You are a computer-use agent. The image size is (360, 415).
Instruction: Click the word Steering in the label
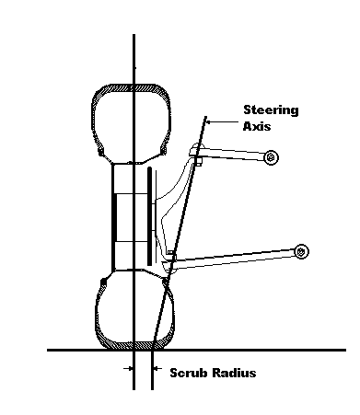coord(271,110)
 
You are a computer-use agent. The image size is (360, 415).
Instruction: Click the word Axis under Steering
coord(257,126)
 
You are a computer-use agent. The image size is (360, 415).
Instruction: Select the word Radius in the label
coord(234,373)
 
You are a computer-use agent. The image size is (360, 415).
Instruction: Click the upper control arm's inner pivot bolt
coord(272,157)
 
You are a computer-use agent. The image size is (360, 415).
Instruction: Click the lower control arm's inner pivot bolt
coord(301,251)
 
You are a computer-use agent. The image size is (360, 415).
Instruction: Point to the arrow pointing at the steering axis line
coord(223,122)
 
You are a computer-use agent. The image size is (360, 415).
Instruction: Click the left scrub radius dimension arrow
coord(128,368)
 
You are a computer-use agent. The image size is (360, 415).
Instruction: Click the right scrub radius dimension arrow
coord(157,368)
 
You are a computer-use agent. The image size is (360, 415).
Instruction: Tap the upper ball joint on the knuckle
coord(196,151)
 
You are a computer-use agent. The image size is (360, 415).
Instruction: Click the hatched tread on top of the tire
coord(132,88)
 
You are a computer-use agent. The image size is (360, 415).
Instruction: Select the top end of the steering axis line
coord(206,117)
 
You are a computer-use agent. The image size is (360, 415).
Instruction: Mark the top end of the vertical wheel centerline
coord(134,34)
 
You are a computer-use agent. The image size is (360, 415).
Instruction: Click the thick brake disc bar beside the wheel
coord(149,216)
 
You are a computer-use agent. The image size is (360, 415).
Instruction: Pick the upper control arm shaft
coord(232,154)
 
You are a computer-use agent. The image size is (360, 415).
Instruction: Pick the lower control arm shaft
coord(235,259)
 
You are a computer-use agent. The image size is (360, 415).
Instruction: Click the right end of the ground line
coord(346,350)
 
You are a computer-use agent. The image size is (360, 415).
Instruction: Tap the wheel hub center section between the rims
coord(132,217)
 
